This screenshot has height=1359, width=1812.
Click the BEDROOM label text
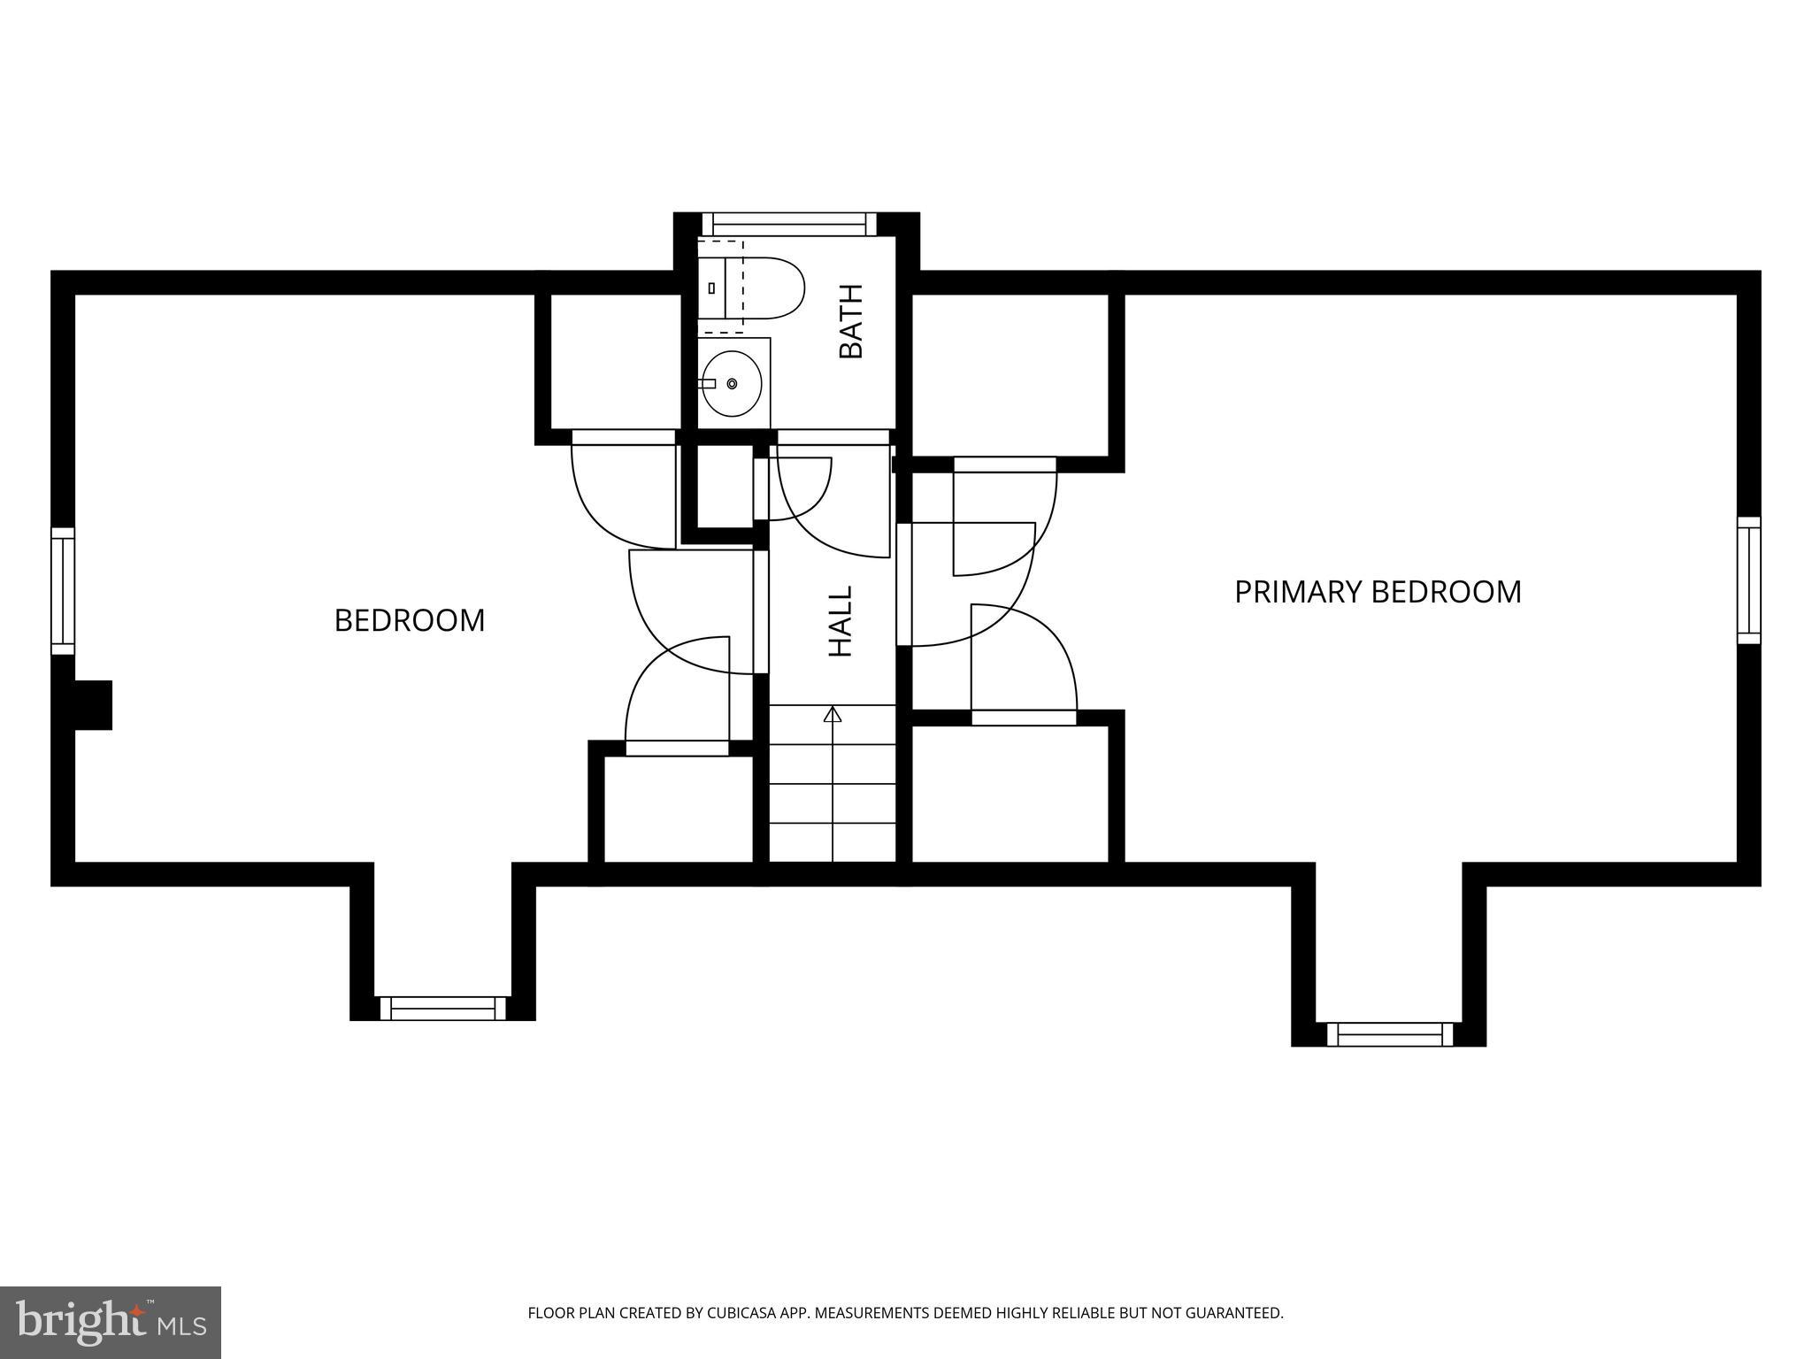409,620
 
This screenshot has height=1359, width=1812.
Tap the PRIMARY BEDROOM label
1378,592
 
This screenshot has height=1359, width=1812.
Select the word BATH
851,321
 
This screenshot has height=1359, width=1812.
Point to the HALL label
840,621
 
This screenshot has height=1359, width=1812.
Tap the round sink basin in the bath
731,384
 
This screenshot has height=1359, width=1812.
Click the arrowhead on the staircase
832,715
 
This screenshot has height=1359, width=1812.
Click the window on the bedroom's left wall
62,591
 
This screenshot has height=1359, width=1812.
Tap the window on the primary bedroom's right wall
1748,580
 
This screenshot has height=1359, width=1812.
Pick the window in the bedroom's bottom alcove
442,1008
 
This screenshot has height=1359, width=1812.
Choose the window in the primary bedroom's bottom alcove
1390,1033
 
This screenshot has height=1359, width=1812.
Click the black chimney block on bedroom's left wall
93,705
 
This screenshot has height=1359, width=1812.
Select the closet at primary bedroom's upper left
1010,374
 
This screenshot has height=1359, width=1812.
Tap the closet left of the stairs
678,808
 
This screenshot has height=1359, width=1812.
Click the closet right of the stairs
1010,792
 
